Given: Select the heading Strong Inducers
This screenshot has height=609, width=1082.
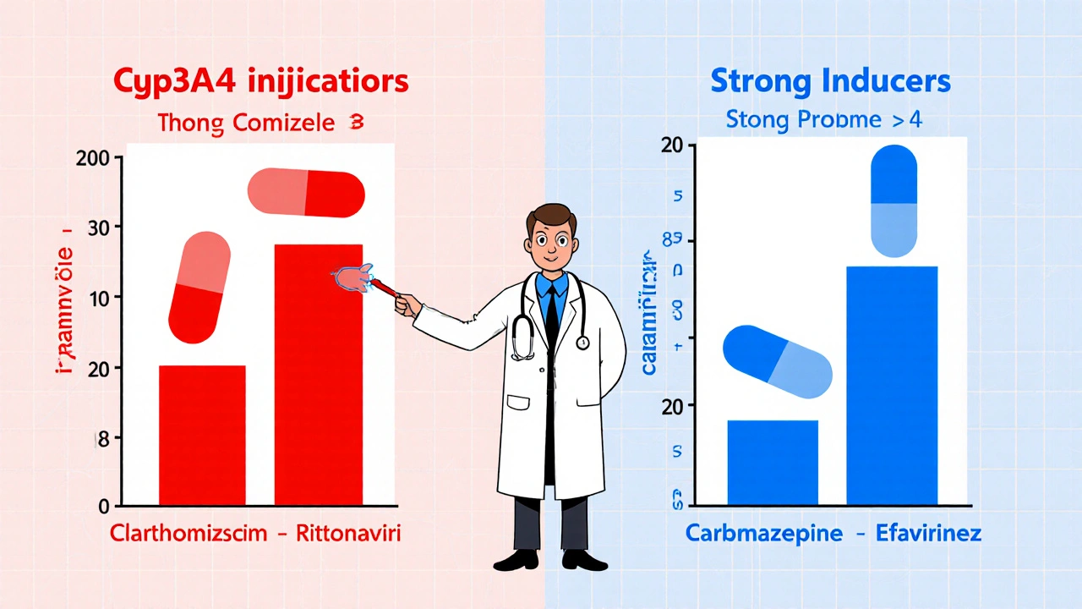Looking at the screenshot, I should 830,82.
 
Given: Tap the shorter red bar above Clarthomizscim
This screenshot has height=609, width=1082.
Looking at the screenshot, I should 202,436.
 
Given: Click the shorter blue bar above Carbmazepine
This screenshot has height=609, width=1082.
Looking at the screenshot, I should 773,463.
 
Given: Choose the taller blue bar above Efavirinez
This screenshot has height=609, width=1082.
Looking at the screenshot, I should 892,386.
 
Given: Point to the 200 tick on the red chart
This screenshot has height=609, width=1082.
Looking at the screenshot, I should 101,157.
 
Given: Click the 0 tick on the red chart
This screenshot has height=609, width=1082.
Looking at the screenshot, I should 105,507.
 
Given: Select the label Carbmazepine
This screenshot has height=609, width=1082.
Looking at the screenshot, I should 764,535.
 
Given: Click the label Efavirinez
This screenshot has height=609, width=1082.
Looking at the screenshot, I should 931,535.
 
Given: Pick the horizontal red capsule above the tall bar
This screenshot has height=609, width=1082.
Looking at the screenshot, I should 306,193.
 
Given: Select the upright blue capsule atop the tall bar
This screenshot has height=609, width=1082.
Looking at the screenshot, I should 893,200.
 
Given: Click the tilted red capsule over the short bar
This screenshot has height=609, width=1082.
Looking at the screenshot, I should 199,288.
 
